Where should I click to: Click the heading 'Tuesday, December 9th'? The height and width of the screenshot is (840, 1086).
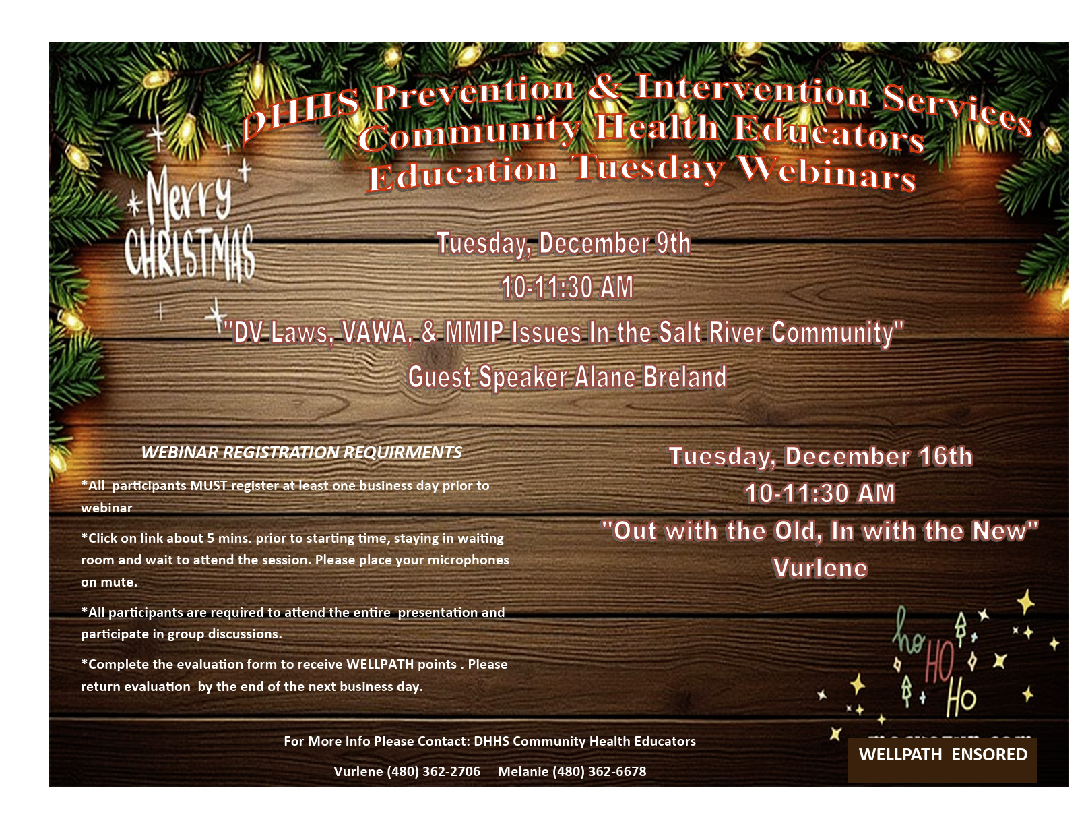coord(564,243)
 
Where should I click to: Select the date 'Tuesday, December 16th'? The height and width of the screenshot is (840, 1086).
coord(821,456)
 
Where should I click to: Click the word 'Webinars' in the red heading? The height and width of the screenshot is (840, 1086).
coord(827,173)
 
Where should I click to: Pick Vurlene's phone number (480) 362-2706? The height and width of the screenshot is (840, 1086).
coord(433,771)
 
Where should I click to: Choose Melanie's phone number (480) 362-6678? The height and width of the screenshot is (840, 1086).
coord(599,771)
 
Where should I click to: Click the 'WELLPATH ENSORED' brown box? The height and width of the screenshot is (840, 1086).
coord(943,760)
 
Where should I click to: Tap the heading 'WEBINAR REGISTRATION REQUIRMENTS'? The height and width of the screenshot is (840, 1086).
coord(301,452)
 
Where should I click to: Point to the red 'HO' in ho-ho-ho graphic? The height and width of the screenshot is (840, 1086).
coord(940,663)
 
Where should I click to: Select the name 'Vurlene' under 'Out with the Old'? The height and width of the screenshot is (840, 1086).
coord(820,568)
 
